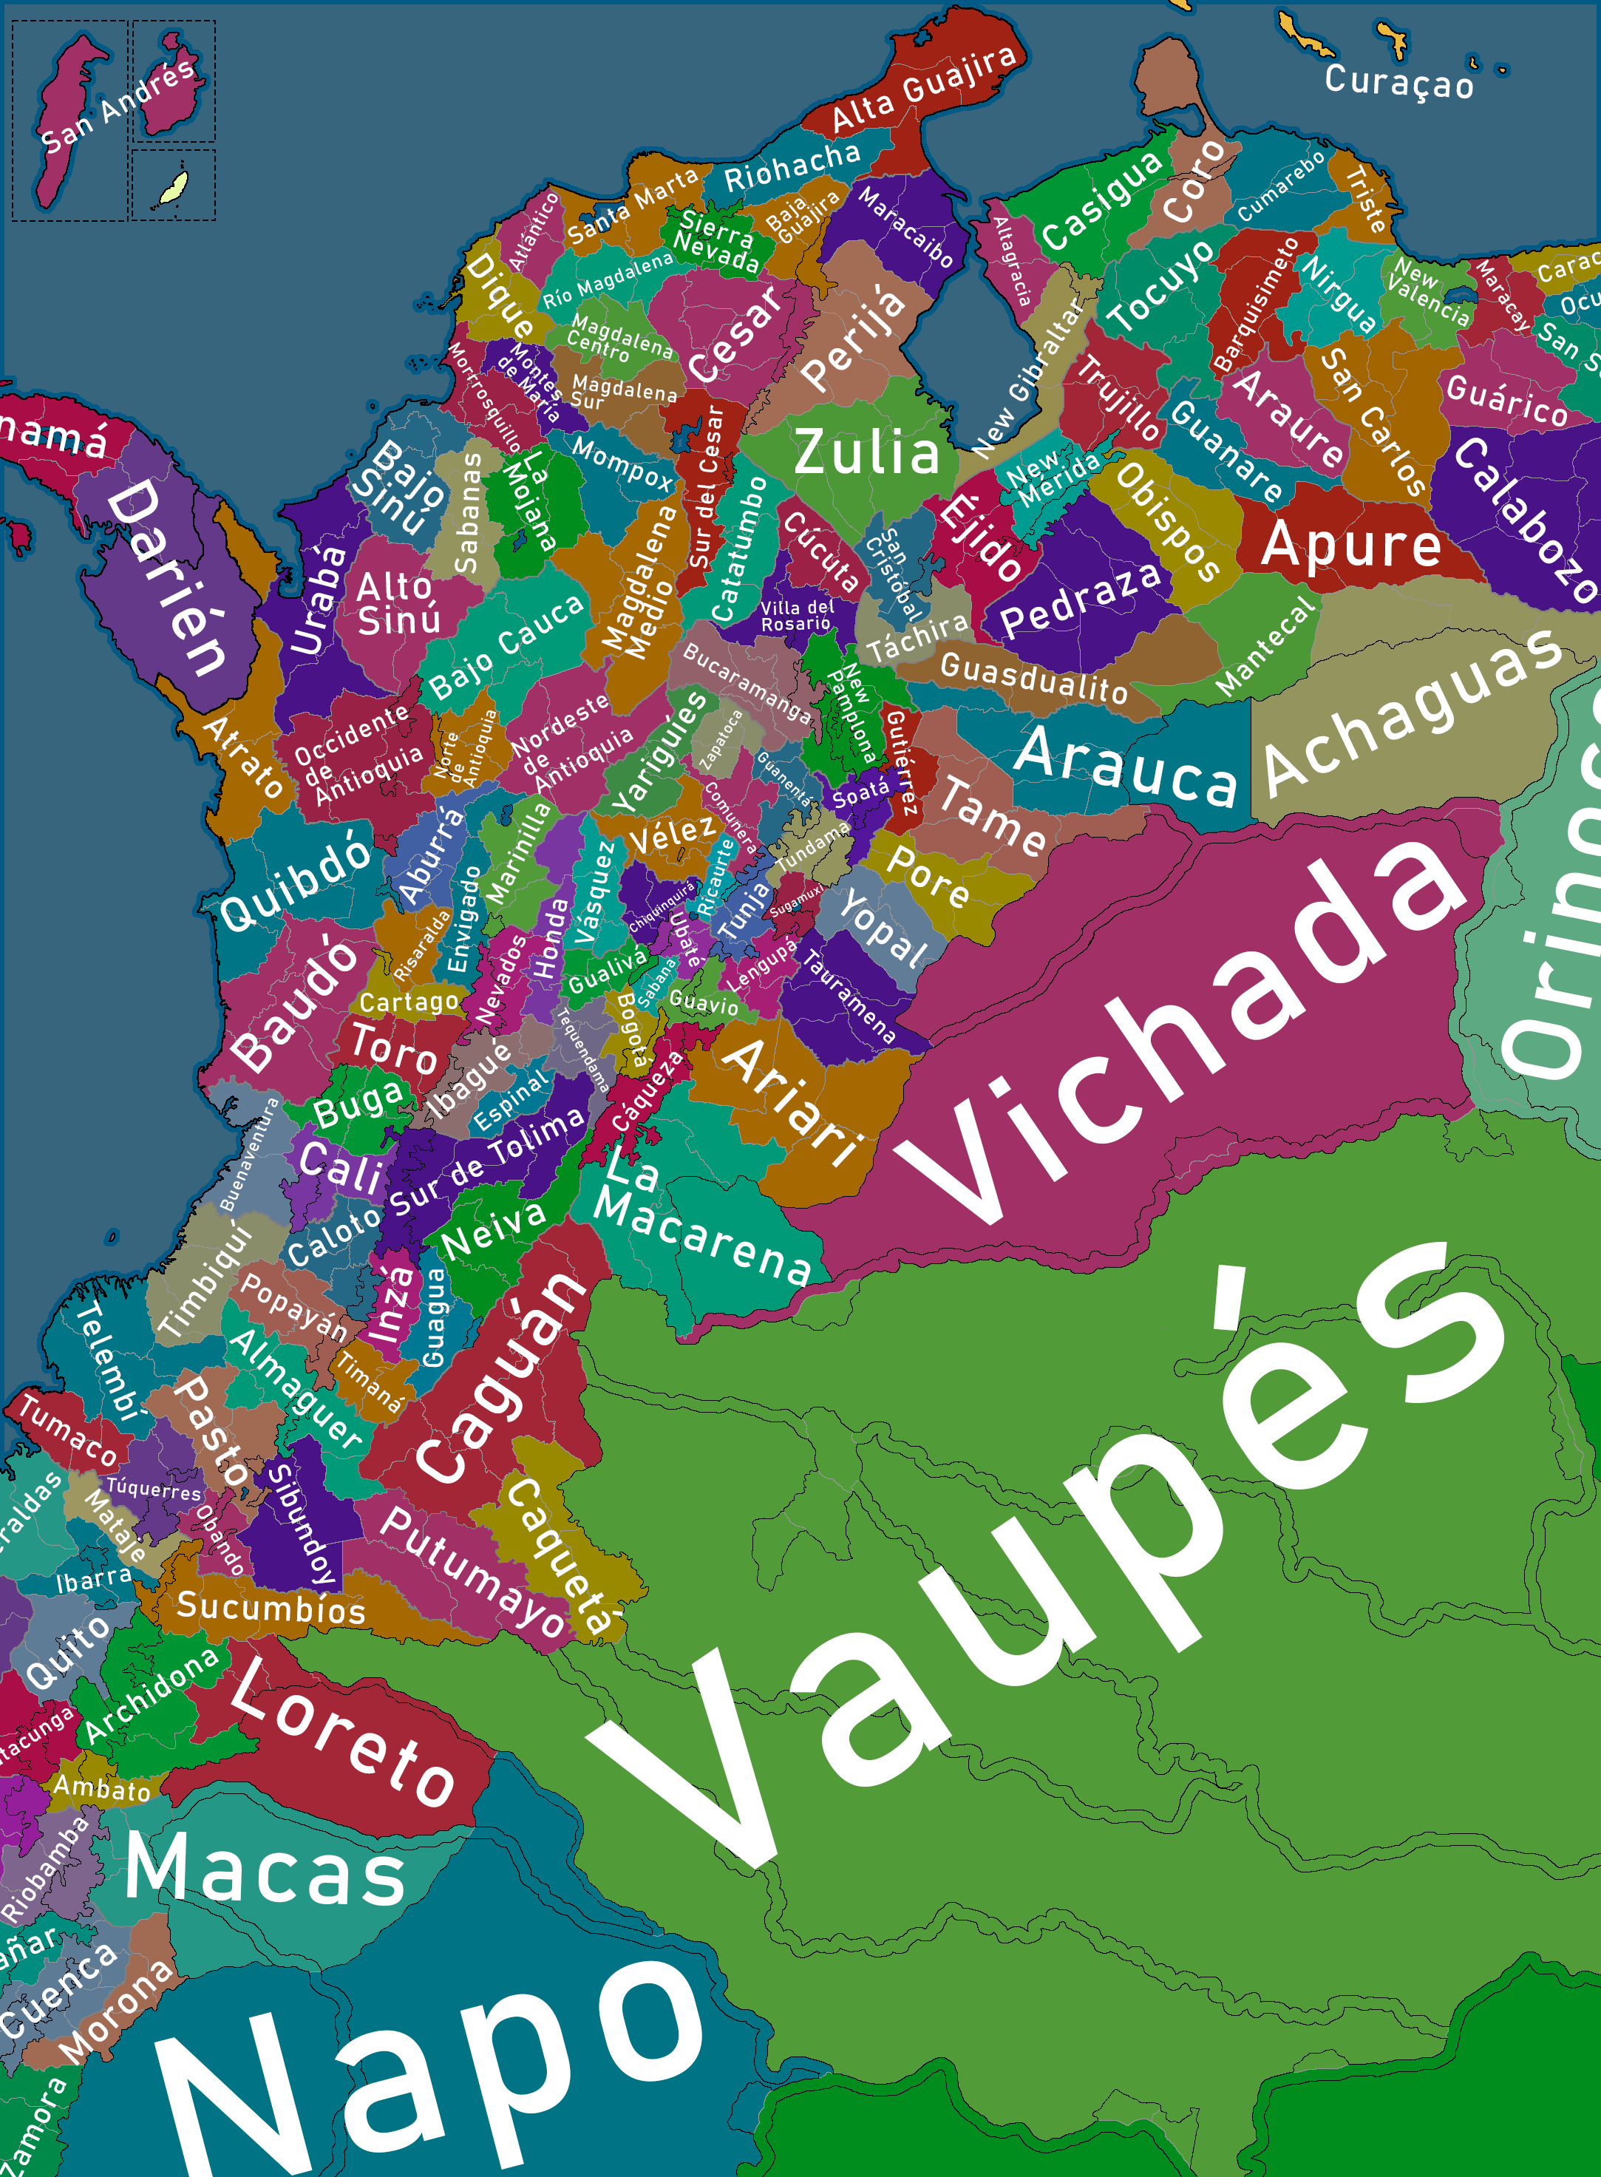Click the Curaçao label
pyautogui.click(x=1398, y=81)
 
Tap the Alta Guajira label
pyautogui.click(x=925, y=86)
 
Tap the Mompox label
pyautogui.click(x=621, y=463)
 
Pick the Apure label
pyautogui.click(x=1351, y=545)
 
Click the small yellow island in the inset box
pyautogui.click(x=174, y=187)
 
